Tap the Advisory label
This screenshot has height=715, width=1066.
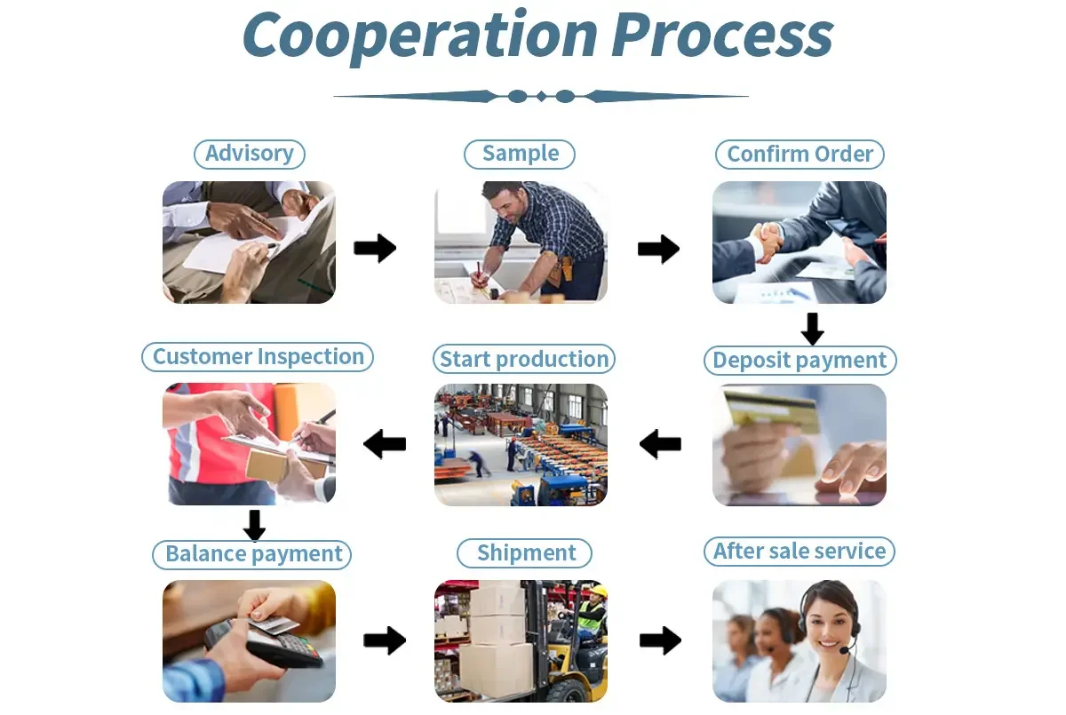point(250,154)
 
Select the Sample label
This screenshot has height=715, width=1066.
point(520,154)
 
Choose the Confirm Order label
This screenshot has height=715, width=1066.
point(799,155)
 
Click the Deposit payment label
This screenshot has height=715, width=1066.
point(799,361)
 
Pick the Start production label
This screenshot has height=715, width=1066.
point(524,360)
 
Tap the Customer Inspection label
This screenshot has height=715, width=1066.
point(258,357)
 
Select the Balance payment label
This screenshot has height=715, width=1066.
point(253,555)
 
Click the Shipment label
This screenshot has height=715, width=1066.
point(526,553)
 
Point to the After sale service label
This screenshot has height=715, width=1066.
point(799,552)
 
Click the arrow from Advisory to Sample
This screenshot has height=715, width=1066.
point(375,249)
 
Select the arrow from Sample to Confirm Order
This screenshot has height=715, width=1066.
point(658,250)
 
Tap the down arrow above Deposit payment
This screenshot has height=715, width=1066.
point(812,329)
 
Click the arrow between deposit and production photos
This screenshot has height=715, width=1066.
point(660,443)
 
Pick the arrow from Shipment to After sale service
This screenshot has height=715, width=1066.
point(660,640)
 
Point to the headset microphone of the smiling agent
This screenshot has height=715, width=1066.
point(844,650)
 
